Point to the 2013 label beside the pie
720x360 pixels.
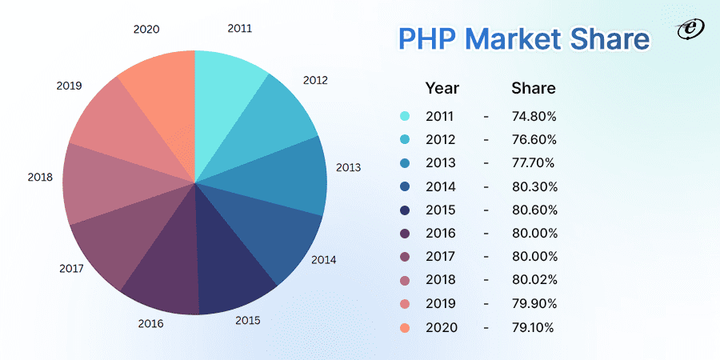(x=348, y=167)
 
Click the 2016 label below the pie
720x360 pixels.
(x=150, y=323)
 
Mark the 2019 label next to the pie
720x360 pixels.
(x=69, y=85)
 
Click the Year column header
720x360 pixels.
(x=442, y=88)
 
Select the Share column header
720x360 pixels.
(x=533, y=88)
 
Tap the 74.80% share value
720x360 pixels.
(x=534, y=117)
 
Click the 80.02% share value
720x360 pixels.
(x=534, y=279)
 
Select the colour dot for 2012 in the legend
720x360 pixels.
(x=405, y=140)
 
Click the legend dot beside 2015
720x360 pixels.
(x=405, y=210)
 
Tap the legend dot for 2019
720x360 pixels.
(x=405, y=303)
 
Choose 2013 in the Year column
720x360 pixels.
(x=441, y=163)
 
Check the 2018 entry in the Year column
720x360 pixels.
(x=441, y=280)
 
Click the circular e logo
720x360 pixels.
(x=687, y=29)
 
